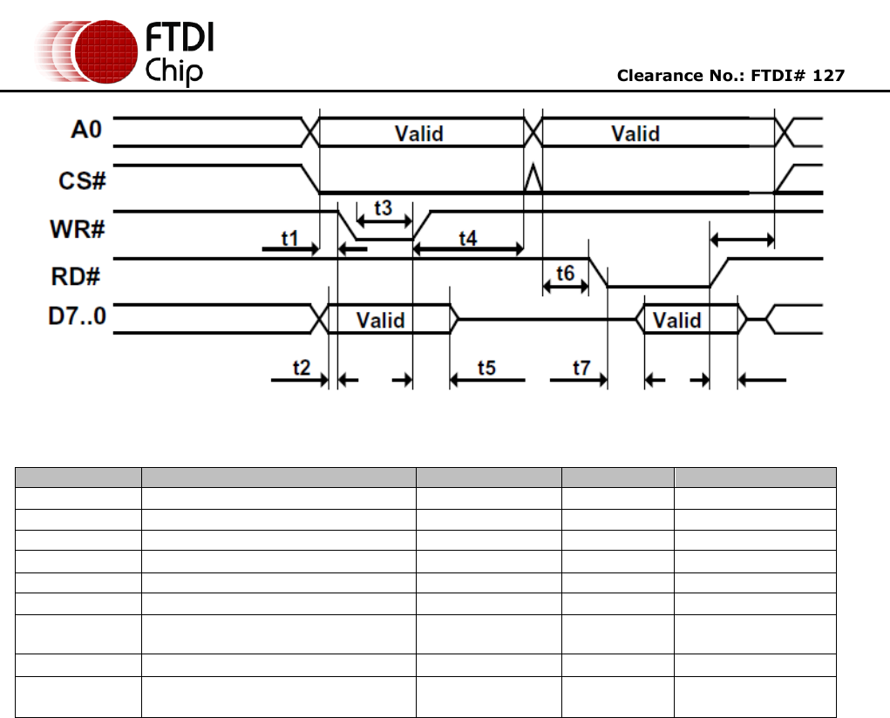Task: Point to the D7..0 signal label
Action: pos(77,315)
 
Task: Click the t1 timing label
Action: pos(290,237)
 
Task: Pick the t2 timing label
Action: pos(301,367)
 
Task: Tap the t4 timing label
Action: pos(468,237)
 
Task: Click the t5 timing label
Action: pos(486,367)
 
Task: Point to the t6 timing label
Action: pos(565,273)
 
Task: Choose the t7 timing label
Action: pos(581,367)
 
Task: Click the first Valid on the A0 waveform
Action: pos(419,133)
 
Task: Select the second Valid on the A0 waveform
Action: pos(635,133)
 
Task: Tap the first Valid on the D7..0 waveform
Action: pos(381,320)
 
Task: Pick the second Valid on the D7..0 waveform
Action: pos(677,320)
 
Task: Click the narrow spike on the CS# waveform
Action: pos(533,179)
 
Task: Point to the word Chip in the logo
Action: pos(174,70)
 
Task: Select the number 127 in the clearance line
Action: pos(828,76)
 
